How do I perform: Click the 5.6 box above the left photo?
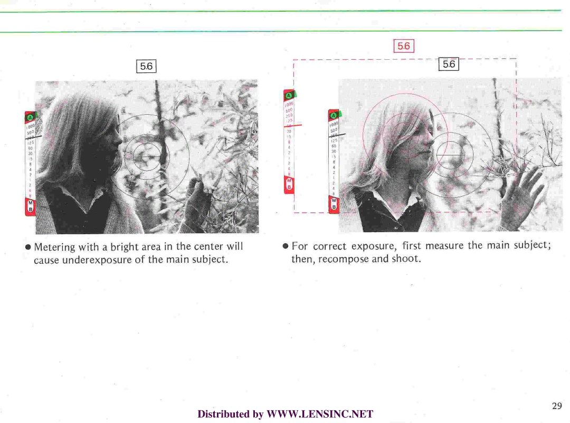146,66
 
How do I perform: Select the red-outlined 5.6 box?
404,47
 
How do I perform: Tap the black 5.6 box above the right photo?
449,64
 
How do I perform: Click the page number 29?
557,406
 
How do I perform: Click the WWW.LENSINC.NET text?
320,414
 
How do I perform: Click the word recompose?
344,259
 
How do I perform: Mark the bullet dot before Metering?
29,247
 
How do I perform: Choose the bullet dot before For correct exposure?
286,246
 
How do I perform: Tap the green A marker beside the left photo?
30,117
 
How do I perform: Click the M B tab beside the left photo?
30,207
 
